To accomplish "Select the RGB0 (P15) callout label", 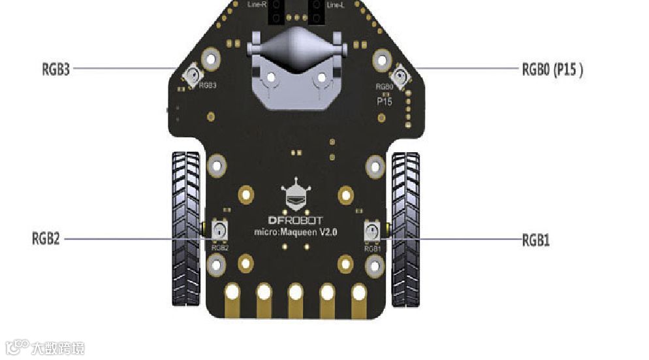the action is [x=552, y=70].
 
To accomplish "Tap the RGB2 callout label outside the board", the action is [x=46, y=238].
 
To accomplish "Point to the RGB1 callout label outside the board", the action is [x=535, y=240].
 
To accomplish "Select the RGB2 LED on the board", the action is [x=219, y=230].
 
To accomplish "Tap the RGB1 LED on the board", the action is [x=372, y=230].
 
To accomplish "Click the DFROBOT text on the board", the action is [x=296, y=220].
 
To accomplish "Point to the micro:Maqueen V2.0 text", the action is [x=295, y=232].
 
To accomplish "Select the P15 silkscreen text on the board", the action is [x=384, y=102].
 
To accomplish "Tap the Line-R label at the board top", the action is [x=257, y=5].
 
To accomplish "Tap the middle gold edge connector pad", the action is [x=296, y=299].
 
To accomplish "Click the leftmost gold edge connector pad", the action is [x=232, y=299].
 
